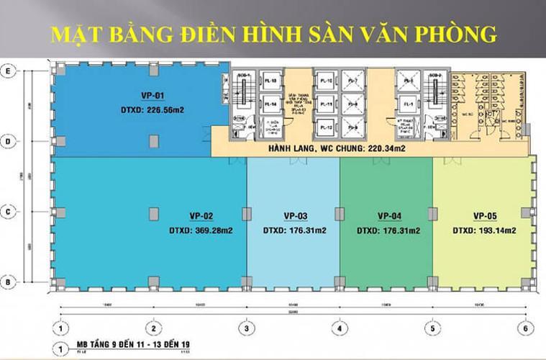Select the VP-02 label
pos(191,215)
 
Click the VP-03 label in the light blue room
pos(295,215)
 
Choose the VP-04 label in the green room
pos(388,215)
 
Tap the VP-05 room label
pos(486,215)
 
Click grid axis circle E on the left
pos(9,71)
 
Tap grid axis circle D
pos(9,142)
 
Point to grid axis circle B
pos(9,281)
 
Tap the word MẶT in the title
pos(73,32)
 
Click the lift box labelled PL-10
pos(326,81)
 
